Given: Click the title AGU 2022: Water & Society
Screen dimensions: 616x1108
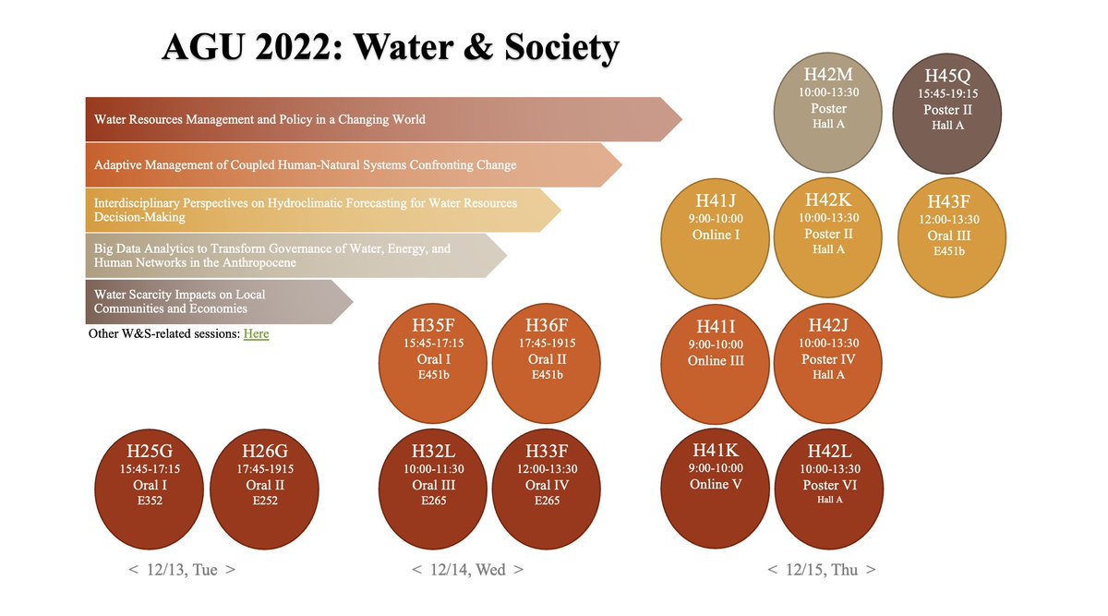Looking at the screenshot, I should coord(390,47).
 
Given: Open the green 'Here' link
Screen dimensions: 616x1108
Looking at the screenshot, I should coord(256,333).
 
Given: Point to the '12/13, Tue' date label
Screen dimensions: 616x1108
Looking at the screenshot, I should coord(182,570).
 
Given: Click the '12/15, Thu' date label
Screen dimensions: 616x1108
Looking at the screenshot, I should coord(821,570).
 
